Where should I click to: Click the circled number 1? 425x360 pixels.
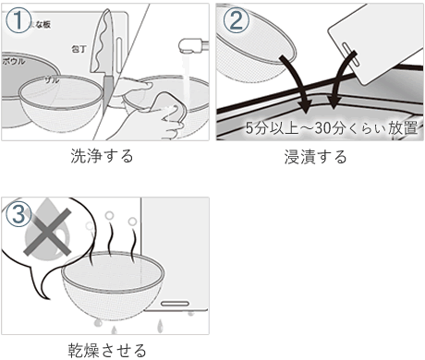pos(20,20)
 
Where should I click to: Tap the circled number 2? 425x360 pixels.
pos(235,20)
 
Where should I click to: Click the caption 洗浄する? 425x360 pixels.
pos(102,156)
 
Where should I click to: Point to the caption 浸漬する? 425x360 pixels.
pos(316,156)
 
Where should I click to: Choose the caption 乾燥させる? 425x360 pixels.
pos(107,350)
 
